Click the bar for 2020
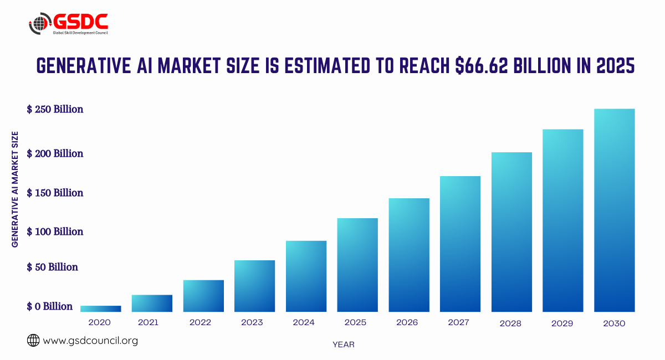click(100, 308)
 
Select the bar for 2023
click(254, 286)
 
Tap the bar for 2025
click(357, 265)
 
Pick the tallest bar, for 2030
click(614, 210)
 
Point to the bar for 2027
click(460, 244)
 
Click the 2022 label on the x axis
click(200, 322)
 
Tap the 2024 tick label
click(304, 322)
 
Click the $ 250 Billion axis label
click(55, 109)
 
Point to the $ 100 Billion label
click(55, 232)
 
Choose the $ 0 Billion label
click(50, 306)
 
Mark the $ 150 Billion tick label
click(55, 193)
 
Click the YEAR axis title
click(344, 344)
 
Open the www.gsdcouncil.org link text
click(90, 341)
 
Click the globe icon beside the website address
click(33, 341)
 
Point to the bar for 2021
click(152, 303)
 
